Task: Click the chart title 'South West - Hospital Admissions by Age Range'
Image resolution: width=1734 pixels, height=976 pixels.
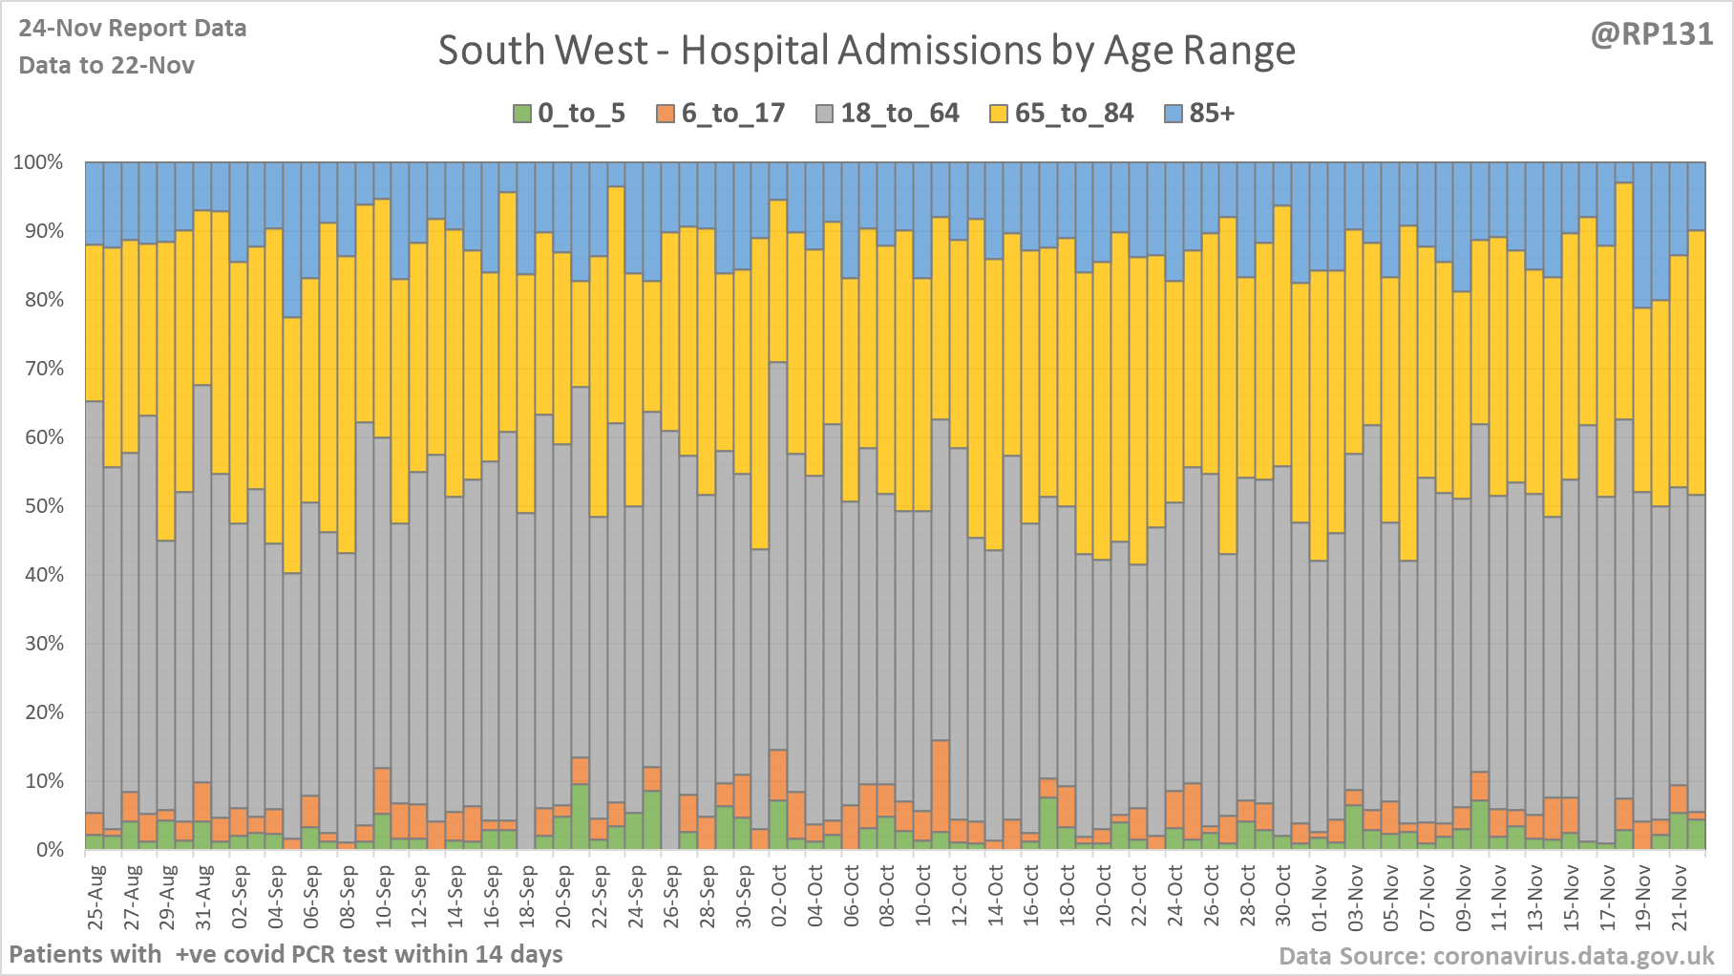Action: [866, 51]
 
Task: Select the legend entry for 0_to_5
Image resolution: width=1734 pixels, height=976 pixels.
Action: [569, 114]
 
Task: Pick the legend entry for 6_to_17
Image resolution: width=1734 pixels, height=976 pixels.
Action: [721, 114]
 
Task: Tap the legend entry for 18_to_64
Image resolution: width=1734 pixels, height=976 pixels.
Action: [887, 114]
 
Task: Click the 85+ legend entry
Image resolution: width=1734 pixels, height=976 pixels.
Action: [1200, 114]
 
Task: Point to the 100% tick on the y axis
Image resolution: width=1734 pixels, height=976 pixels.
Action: [38, 162]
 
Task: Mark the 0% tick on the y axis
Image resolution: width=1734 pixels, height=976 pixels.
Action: [49, 850]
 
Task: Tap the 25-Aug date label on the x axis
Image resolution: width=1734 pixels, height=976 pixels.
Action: [95, 897]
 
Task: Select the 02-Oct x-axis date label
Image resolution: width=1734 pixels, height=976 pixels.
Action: [779, 897]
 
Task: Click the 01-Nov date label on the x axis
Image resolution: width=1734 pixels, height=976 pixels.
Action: [1320, 897]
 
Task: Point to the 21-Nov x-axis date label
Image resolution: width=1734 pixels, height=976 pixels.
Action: [1680, 897]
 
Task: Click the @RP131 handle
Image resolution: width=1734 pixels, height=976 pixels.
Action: [1652, 34]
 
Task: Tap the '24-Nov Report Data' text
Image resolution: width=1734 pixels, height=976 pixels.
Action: [133, 29]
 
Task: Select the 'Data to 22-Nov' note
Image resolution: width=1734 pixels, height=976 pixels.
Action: [107, 65]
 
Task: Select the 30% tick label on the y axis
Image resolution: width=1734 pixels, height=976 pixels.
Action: [43, 644]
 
